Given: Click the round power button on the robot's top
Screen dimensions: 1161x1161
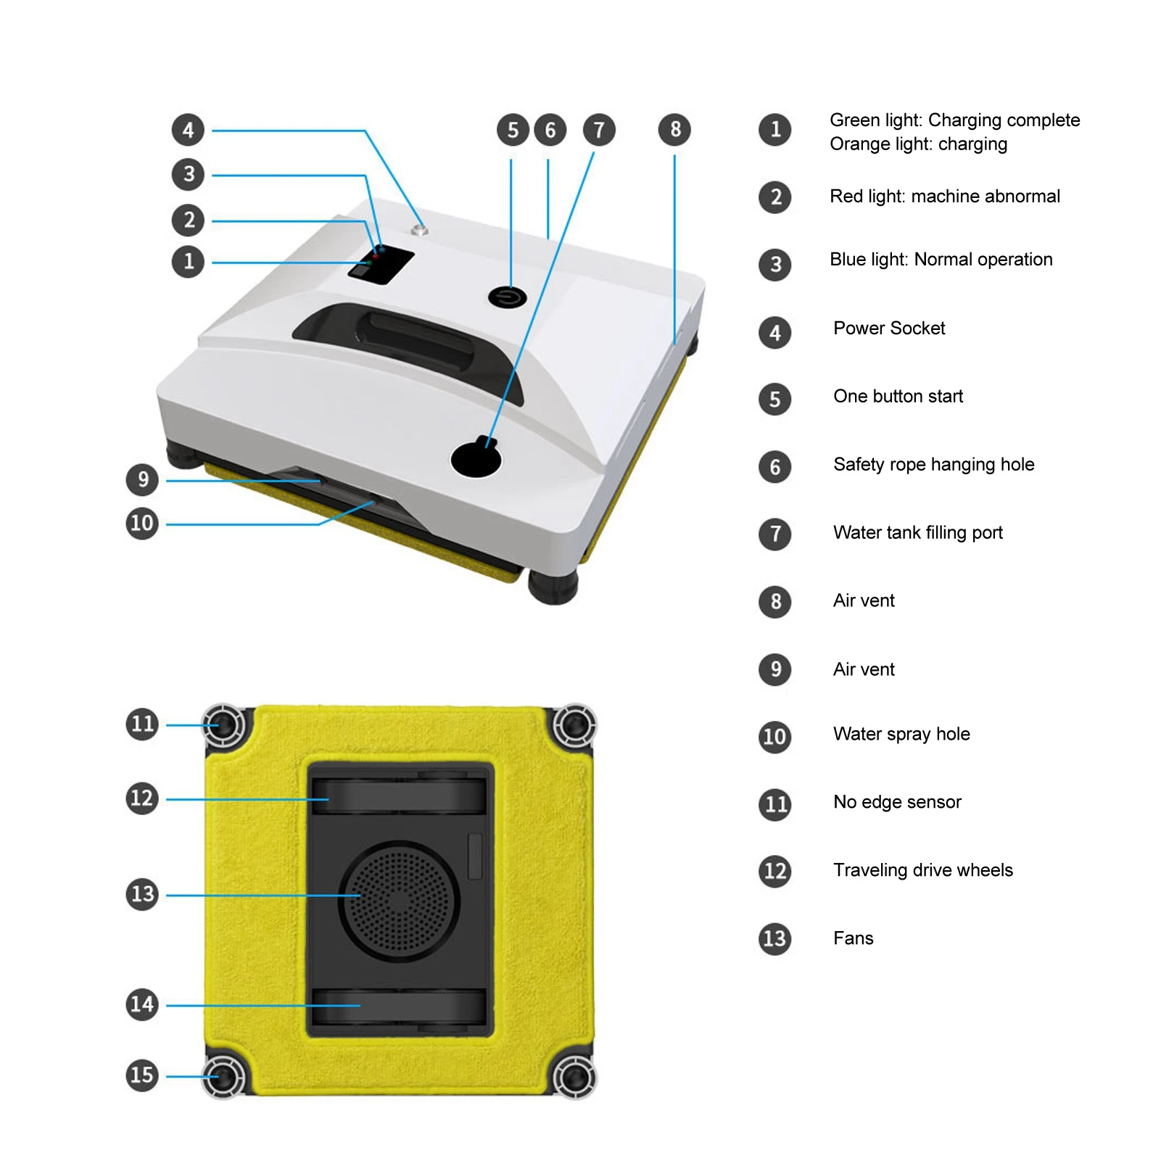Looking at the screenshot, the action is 507,297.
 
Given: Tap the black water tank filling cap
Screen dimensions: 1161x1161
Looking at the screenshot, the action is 476,458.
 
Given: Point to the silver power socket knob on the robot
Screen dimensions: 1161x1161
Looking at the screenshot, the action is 419,231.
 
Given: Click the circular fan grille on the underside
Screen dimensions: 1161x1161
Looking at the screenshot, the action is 399,900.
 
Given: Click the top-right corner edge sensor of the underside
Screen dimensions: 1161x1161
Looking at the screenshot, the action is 574,724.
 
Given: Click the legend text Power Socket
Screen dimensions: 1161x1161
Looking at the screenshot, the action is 889,329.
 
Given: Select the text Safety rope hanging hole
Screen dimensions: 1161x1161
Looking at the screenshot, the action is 933,465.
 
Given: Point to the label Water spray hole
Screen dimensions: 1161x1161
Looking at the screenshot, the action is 901,734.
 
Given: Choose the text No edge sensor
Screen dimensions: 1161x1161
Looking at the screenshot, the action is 897,802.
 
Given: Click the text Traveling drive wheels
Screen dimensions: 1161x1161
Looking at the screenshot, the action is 922,870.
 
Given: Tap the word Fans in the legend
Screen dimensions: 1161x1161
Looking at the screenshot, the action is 853,938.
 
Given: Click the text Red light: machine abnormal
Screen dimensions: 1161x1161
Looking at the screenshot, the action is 944,197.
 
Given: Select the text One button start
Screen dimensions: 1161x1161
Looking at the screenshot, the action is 898,397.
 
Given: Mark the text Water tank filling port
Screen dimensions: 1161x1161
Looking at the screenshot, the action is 917,533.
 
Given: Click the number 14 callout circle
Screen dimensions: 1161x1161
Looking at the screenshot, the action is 142,1004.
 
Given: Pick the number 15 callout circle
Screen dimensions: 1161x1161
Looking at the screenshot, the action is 142,1075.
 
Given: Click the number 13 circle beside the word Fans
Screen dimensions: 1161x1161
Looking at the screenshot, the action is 774,939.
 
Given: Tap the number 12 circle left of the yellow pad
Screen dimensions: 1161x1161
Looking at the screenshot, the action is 142,798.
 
